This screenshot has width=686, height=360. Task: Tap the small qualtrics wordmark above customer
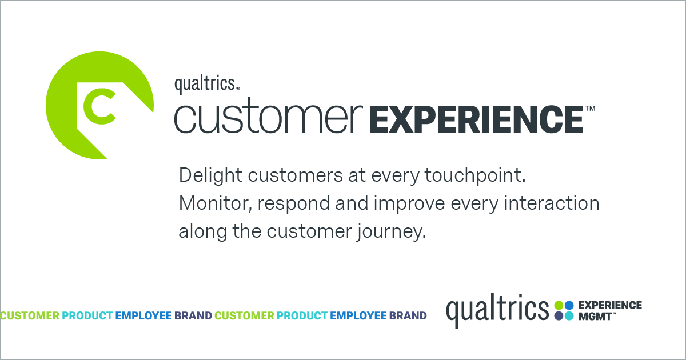point(206,84)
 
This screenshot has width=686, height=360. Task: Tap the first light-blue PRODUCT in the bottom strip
point(87,315)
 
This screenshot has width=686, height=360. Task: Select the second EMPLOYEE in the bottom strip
point(358,315)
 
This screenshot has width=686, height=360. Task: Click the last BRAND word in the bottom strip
point(408,315)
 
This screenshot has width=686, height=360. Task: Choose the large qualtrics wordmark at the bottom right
point(497,309)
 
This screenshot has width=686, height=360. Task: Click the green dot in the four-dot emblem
point(559,305)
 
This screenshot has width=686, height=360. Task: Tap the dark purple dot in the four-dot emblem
point(559,315)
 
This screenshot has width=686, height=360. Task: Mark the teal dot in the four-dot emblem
point(569,315)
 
